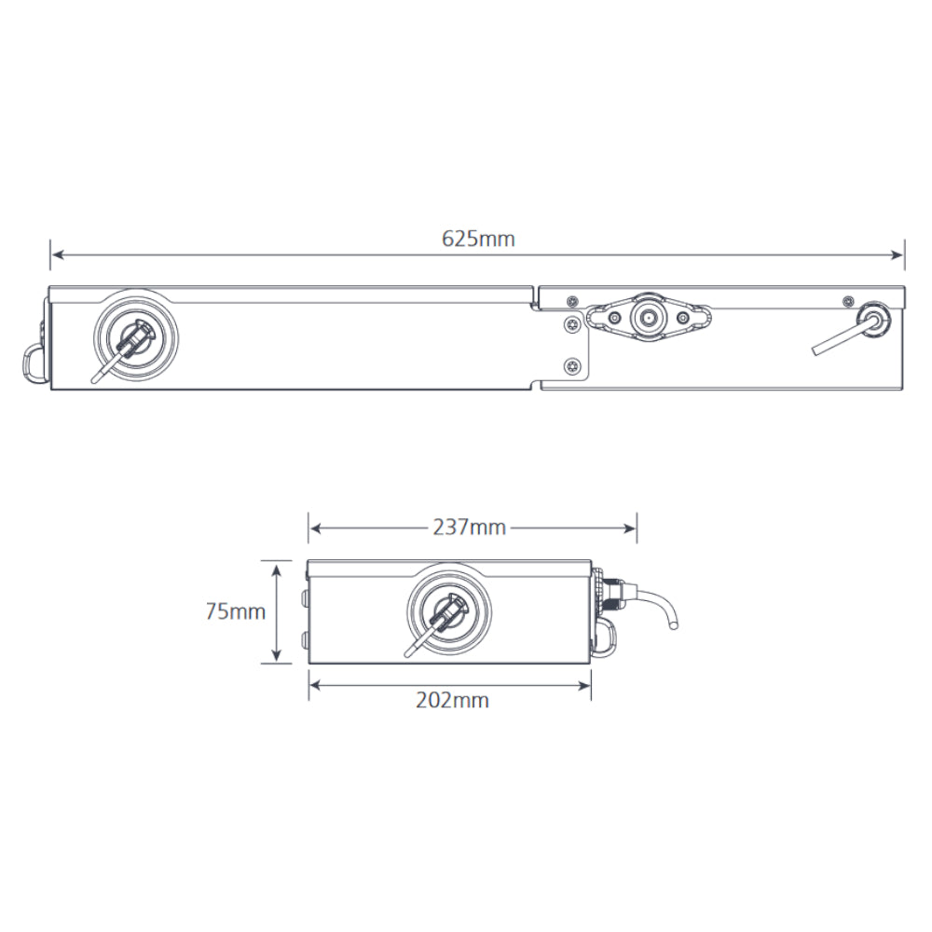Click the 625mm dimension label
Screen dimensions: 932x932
478,239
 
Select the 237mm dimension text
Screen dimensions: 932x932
469,528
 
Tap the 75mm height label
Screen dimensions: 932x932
235,612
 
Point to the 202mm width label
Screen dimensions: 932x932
451,700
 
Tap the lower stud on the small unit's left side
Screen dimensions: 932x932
305,637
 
